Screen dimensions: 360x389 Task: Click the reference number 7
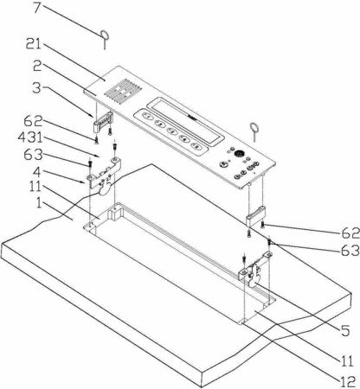point(38,8)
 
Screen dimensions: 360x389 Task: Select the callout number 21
point(35,44)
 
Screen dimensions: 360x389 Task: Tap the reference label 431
point(31,137)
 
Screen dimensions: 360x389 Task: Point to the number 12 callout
point(348,382)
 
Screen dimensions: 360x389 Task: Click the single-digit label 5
point(345,330)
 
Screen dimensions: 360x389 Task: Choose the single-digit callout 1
point(39,203)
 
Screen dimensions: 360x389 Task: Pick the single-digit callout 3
point(37,88)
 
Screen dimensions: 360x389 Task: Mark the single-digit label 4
point(36,172)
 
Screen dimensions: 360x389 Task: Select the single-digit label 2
point(37,66)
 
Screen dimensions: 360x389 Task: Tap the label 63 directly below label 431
point(34,155)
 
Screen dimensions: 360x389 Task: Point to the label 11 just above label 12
point(346,361)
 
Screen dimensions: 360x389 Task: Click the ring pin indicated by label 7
point(105,40)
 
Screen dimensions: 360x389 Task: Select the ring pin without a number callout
point(254,131)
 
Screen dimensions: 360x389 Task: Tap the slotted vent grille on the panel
point(124,92)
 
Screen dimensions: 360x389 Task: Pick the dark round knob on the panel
point(239,154)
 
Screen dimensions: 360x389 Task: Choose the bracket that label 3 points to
point(102,122)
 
